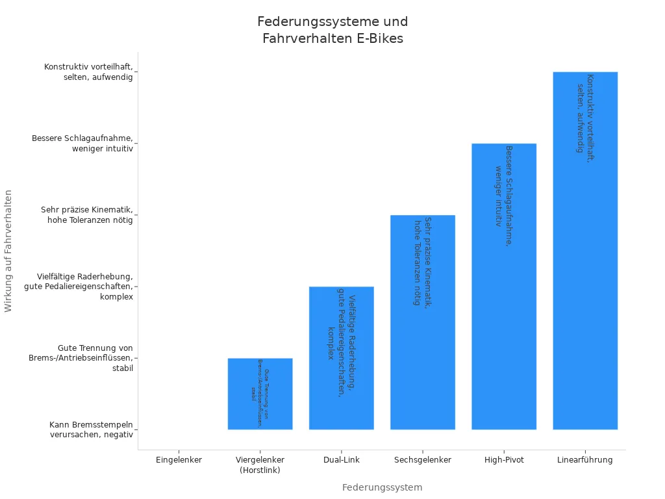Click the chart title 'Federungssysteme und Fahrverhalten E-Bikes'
332,30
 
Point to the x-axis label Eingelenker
179,460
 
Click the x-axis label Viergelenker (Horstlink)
260,465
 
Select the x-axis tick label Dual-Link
341,460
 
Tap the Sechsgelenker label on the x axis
422,460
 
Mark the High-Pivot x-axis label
503,460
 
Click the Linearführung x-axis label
584,460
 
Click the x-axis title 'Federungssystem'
382,487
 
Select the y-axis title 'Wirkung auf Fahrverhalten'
8,251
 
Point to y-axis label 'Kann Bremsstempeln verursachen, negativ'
91,429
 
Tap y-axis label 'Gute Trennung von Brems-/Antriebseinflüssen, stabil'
81,358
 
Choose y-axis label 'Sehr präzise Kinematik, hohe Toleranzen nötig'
86,215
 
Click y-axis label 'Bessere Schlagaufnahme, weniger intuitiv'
82,144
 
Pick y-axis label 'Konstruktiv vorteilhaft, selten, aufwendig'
88,72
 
